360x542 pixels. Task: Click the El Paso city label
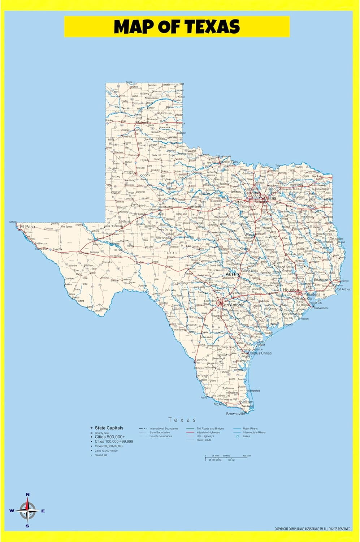coord(27,227)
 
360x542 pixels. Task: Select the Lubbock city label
coord(143,175)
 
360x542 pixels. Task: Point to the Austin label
coord(232,274)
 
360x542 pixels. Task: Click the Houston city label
coord(290,290)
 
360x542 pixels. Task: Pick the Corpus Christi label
coord(260,353)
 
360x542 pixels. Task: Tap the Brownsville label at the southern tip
coord(235,414)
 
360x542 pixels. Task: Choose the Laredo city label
coord(201,360)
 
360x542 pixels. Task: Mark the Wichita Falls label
coord(230,162)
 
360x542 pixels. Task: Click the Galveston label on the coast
coord(321,308)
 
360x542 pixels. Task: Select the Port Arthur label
coord(343,289)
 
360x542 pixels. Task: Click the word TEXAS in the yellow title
coord(213,27)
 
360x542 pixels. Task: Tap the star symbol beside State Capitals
coord(92,428)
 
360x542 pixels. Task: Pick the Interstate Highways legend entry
coord(208,433)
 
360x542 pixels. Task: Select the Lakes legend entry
coord(246,436)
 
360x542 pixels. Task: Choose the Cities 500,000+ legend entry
coord(110,437)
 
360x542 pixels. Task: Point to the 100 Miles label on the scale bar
coord(247,456)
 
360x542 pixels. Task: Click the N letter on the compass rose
coord(28,495)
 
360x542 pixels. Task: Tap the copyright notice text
coord(312,529)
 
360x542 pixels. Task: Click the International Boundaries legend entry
coord(164,429)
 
